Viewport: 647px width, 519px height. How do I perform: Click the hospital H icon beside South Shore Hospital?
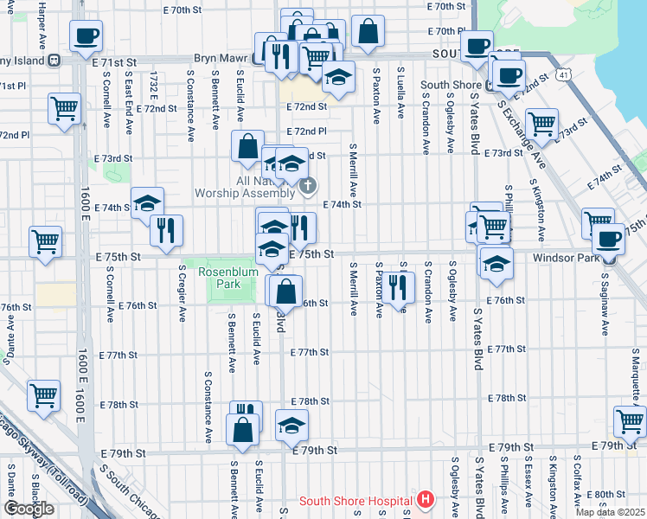425,500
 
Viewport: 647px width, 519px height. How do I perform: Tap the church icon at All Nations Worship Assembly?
307,184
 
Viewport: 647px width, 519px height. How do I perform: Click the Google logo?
29,508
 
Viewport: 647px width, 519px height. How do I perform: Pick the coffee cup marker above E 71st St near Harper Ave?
86,36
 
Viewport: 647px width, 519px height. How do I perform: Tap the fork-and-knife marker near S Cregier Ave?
166,229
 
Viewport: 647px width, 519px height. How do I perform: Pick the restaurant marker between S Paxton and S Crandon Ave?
396,286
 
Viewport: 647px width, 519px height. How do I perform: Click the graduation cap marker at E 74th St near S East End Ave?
148,203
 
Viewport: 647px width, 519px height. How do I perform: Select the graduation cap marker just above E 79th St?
291,424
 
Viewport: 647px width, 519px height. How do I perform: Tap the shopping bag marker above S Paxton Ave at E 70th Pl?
368,30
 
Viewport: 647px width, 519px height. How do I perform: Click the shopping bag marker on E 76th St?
285,291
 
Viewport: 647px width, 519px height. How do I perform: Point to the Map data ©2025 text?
609,511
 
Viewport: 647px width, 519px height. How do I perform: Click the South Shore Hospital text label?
355,501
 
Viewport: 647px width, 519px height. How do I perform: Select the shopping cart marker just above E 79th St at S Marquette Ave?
630,421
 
